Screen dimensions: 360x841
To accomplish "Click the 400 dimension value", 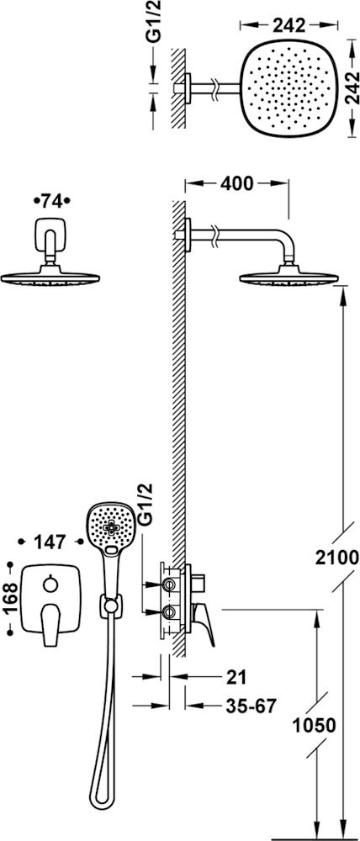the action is (x=236, y=183).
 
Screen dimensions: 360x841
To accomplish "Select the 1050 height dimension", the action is (x=314, y=726).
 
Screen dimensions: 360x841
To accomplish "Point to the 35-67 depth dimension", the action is (x=251, y=706).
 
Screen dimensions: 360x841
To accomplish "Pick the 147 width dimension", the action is (x=51, y=542).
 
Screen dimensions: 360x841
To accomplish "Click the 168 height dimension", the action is (x=9, y=597).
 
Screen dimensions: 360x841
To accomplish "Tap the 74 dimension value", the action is (x=52, y=201).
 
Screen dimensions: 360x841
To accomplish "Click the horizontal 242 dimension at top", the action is (x=289, y=24).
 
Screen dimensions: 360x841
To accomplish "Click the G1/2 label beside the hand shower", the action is (x=145, y=504).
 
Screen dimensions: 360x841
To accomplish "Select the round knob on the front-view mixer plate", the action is (x=51, y=583).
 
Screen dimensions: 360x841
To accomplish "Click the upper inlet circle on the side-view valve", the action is (x=169, y=583).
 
